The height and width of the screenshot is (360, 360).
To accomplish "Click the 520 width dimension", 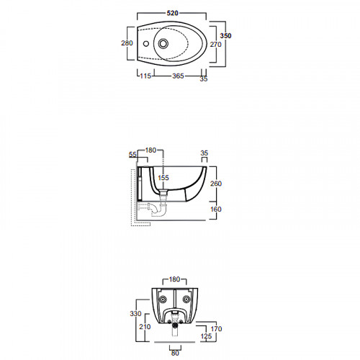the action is (x=173, y=13).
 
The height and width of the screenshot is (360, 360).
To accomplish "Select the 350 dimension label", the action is (x=225, y=36).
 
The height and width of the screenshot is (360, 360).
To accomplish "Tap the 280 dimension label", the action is (x=127, y=43).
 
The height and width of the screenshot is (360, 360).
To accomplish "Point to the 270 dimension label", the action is (x=216, y=45).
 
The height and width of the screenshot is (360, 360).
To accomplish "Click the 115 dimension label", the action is (x=145, y=76).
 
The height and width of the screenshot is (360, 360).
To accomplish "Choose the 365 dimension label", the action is (x=178, y=76).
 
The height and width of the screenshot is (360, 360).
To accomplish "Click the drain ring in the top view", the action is (x=163, y=43).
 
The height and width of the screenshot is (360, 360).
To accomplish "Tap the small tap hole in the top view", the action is (x=145, y=44).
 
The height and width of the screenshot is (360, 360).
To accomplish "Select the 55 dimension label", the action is (x=132, y=155).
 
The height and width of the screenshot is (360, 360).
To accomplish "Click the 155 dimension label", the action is (x=163, y=178).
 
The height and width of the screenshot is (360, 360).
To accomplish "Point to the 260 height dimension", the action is (x=216, y=184).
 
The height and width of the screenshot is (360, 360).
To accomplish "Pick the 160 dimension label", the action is (x=216, y=210).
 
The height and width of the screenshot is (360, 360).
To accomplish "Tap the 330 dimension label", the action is (x=135, y=314).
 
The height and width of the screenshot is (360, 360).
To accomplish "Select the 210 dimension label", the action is (x=145, y=327).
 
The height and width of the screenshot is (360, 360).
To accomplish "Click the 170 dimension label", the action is (x=216, y=329).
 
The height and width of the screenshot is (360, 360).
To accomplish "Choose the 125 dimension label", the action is (x=206, y=336).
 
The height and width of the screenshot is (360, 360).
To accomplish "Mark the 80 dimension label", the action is (x=175, y=354).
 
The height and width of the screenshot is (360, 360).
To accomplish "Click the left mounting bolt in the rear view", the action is (x=163, y=300).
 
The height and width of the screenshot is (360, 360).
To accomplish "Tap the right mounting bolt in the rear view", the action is (x=186, y=300).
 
